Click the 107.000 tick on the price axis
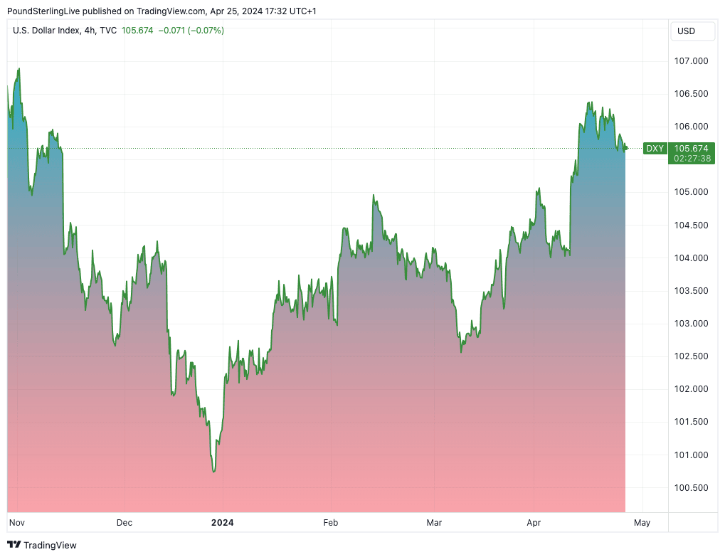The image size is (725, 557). coord(691,61)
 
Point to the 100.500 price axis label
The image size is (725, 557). coord(691,488)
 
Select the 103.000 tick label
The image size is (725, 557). coord(691,324)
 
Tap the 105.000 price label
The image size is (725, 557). coord(691,192)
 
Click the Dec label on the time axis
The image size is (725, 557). coord(125,523)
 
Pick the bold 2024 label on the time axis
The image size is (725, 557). coord(222,523)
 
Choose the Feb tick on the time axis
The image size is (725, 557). coord(330,523)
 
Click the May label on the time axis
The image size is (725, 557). coord(642,523)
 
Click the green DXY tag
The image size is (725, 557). coord(655,148)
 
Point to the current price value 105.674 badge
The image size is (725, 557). coord(691,148)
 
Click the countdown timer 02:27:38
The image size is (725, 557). coord(691,158)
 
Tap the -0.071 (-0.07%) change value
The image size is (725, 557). coord(191,31)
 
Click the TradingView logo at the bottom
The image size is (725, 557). coord(42,545)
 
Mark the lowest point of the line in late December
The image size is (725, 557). coord(213,471)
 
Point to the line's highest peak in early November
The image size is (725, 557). coord(19,69)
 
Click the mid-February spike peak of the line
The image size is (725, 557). coord(374,195)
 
